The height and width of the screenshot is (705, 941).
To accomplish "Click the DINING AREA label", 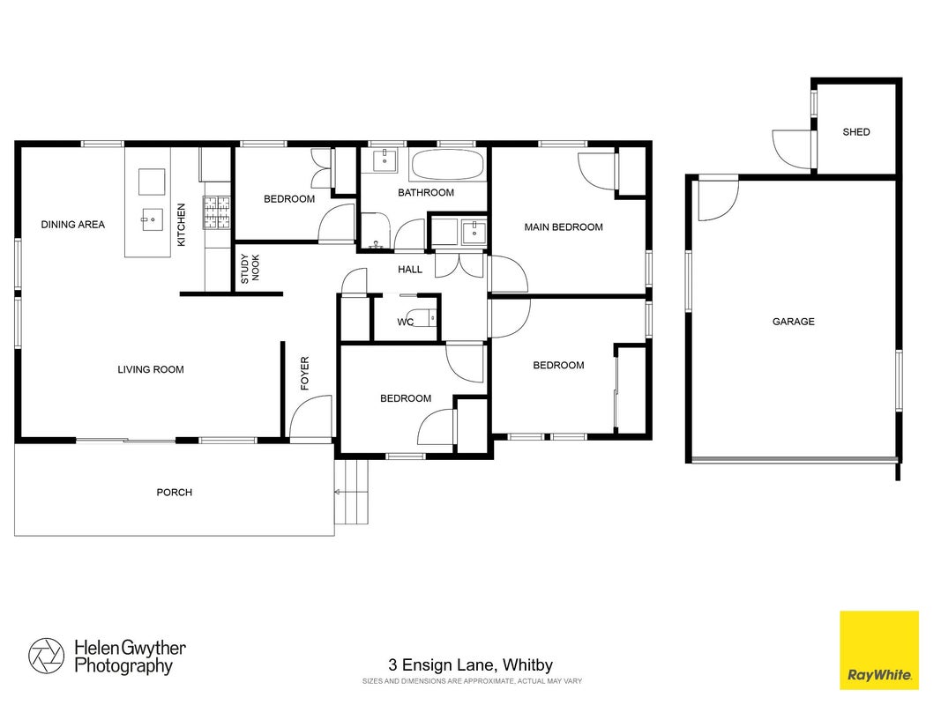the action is pos(72,225).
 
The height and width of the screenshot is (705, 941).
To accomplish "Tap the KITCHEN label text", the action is pos(182,225).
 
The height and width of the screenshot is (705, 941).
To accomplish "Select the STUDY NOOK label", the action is pos(250,269).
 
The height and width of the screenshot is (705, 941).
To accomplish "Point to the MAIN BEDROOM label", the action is pos(564,227).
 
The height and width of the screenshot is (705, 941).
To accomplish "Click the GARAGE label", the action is pos(794,322).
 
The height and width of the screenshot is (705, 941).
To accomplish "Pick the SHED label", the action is pos(856,132).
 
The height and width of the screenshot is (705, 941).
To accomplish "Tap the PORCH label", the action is pos(175,493).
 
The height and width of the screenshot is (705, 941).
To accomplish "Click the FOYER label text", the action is pos(305,374).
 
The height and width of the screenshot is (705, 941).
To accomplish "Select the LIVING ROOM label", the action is pos(151,370).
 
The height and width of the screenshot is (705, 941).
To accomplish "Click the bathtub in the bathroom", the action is pos(448,164).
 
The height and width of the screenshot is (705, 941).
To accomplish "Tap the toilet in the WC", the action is pos(422,317).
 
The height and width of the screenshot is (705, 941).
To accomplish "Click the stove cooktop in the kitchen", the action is pos(217,212).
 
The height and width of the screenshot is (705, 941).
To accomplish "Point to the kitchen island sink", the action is pos(153,220).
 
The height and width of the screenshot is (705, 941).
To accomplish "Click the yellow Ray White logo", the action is pos(879,650).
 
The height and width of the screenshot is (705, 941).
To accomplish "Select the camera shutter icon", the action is pos(46,656).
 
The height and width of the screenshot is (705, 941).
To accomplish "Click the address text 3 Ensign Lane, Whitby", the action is pos(471,664).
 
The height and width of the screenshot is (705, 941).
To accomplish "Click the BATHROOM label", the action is pos(426,193).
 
